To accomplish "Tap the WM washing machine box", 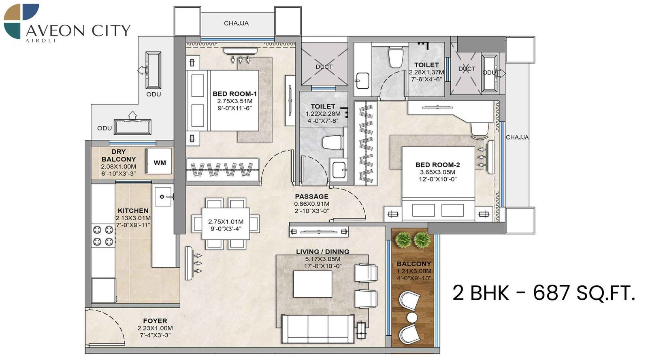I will tap(159, 162).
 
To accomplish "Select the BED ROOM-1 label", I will tap(234, 94).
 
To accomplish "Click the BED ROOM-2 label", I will tap(437, 165).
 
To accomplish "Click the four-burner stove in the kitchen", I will tap(103, 236).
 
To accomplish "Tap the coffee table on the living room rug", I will tap(312, 284).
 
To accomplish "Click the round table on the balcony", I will tap(412, 317).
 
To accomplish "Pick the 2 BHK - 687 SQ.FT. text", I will tap(543, 293).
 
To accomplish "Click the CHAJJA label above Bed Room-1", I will tap(236, 23).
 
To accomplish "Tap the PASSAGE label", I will tap(311, 196).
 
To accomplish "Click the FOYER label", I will tap(155, 321).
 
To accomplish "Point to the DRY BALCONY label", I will tap(118, 156).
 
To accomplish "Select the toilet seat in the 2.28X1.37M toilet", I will tap(395, 57).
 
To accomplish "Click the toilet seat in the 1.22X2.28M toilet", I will tap(333, 143).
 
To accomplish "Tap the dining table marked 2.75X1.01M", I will tap(226, 224).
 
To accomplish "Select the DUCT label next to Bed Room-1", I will tap(324, 67).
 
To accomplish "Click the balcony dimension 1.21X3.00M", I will tap(414, 271).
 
